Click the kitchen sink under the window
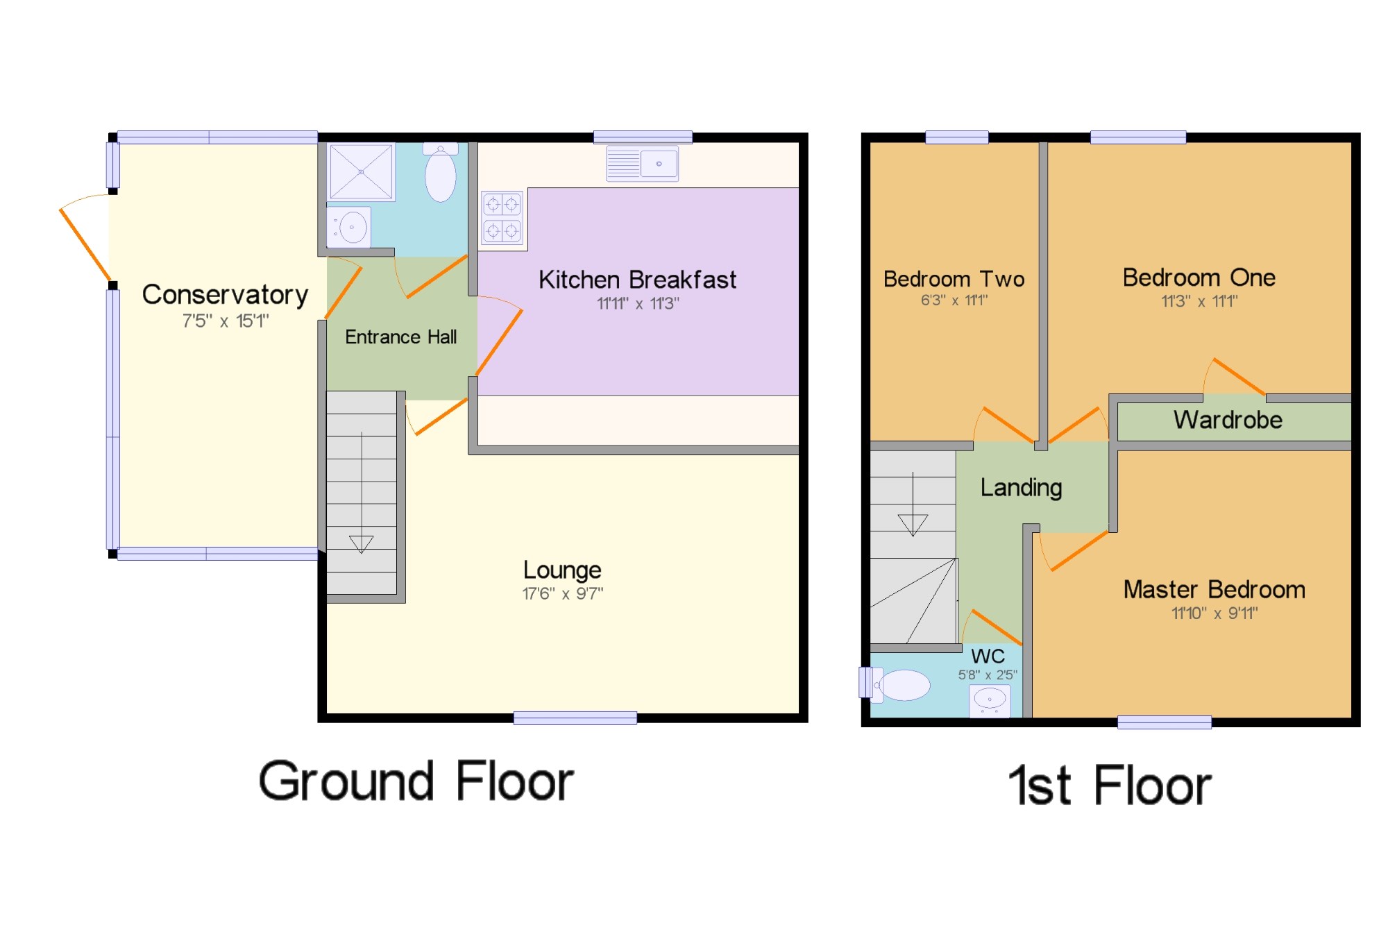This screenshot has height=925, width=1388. click(x=642, y=164)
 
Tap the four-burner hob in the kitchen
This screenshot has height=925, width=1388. click(x=502, y=217)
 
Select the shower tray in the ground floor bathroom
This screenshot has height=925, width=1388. click(x=361, y=171)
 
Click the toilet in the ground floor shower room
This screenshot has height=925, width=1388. click(x=441, y=173)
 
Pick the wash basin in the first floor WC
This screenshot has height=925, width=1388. click(x=990, y=700)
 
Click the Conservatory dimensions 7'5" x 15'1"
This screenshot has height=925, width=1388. click(x=226, y=321)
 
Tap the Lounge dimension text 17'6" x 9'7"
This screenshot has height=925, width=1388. click(x=563, y=594)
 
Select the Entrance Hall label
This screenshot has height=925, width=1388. click(x=401, y=337)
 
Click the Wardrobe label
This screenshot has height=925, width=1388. click(x=1228, y=420)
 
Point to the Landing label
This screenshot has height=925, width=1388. click(x=1021, y=488)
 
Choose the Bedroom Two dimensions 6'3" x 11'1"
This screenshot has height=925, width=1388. click(x=954, y=300)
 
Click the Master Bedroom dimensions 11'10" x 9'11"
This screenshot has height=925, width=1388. click(x=1214, y=613)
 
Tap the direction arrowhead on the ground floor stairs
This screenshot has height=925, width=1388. click(x=361, y=544)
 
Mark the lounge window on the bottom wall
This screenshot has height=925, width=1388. click(x=575, y=718)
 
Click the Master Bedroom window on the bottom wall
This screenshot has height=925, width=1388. click(x=1165, y=722)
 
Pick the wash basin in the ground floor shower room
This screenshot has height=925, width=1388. click(x=349, y=227)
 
